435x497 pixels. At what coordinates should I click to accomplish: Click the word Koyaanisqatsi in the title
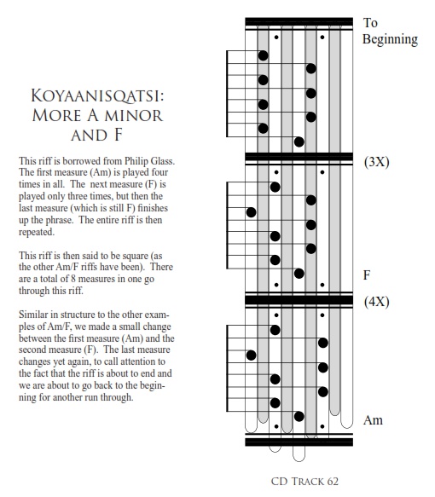(x=97, y=95)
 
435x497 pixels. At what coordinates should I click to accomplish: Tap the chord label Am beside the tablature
(x=373, y=420)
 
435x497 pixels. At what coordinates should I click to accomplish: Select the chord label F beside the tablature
(x=367, y=275)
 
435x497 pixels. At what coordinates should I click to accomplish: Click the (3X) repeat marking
(x=377, y=162)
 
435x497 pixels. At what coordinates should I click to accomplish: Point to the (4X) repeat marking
(x=377, y=302)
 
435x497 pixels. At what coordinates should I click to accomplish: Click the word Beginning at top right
(x=390, y=40)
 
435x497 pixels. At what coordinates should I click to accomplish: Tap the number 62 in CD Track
(x=333, y=482)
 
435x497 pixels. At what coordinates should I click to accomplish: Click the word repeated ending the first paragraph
(x=37, y=233)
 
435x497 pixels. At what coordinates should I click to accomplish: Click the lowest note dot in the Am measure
(x=299, y=417)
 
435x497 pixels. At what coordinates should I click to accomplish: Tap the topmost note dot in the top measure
(x=264, y=55)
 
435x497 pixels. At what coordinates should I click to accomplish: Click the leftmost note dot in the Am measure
(x=251, y=355)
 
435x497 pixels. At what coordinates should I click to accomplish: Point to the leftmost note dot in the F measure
(x=251, y=212)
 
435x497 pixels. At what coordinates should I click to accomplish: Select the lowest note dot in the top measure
(x=299, y=142)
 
